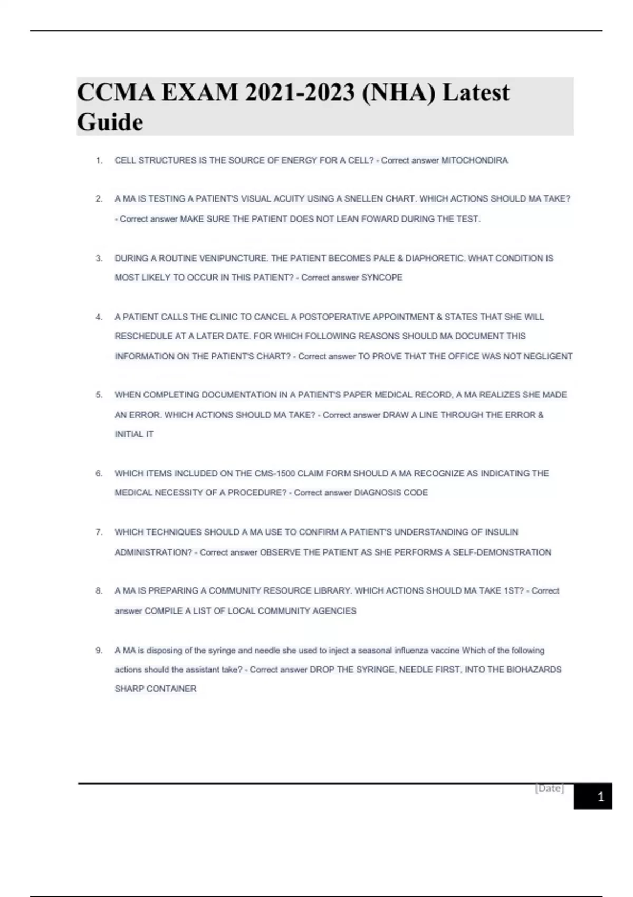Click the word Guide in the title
[110, 122]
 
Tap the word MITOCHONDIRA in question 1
[474, 160]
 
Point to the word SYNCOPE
[381, 278]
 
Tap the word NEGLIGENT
[548, 357]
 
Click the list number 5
[99, 395]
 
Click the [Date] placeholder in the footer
[549, 788]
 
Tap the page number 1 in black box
[600, 797]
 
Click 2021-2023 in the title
[300, 93]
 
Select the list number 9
[99, 651]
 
